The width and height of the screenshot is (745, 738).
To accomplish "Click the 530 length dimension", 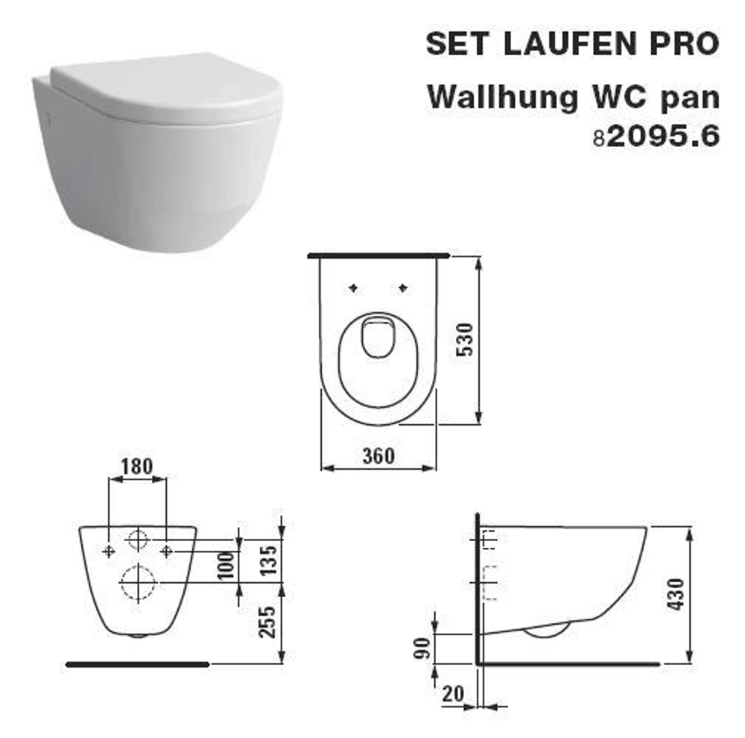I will (465, 341).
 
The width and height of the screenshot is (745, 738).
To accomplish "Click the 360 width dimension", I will (378, 455).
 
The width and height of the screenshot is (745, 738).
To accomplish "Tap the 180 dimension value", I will (138, 467).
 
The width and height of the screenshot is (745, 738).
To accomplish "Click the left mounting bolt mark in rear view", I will (110, 550).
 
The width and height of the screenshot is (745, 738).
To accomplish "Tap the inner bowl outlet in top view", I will (377, 337).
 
